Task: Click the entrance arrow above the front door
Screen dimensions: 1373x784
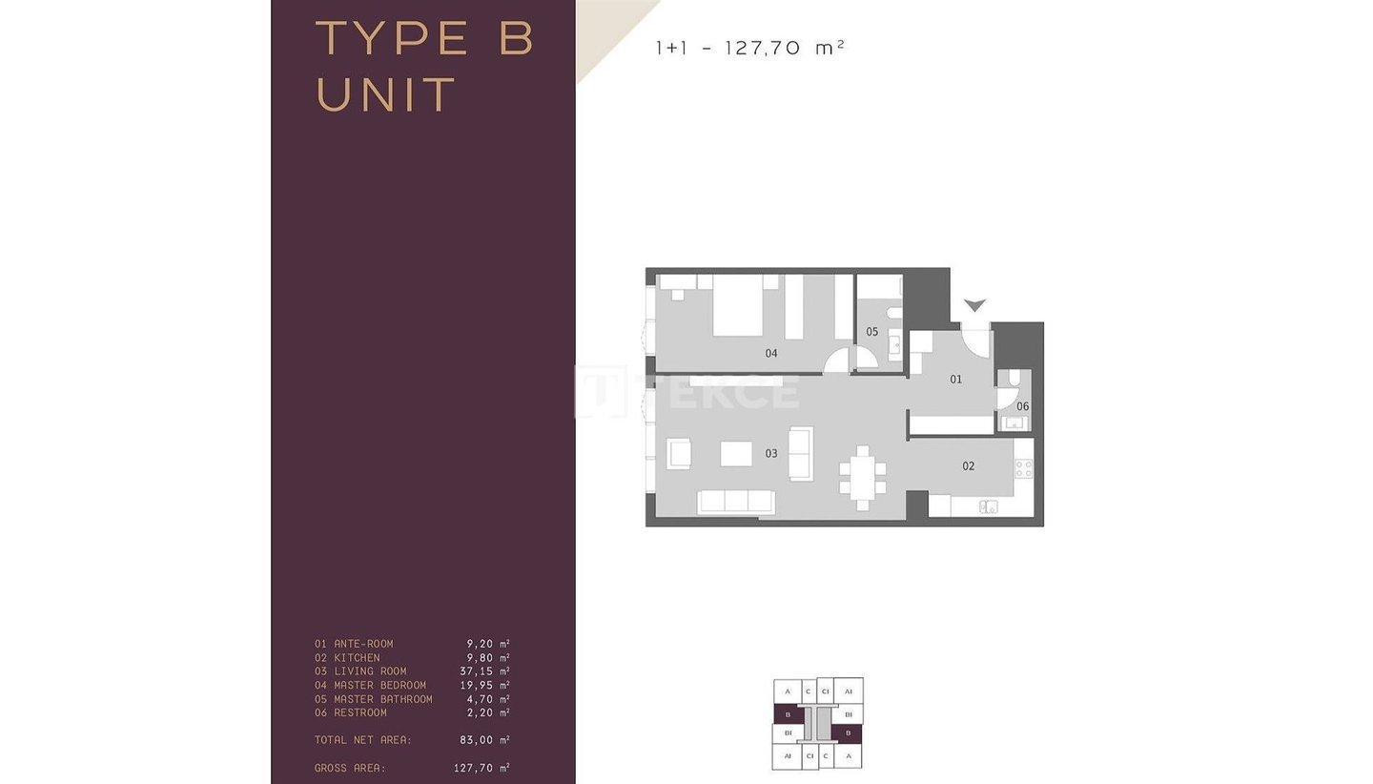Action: (x=974, y=304)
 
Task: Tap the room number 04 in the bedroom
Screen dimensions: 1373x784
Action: (x=771, y=353)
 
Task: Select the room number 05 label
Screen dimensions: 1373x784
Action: (x=871, y=332)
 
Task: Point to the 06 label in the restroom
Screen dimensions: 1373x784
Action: (x=1022, y=406)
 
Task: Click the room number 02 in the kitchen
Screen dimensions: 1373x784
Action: (x=968, y=465)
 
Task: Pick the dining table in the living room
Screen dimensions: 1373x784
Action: (x=862, y=478)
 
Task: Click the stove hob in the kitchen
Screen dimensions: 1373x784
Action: (x=1024, y=469)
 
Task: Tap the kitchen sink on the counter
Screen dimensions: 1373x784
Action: (x=988, y=507)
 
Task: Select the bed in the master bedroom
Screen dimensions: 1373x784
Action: (x=737, y=305)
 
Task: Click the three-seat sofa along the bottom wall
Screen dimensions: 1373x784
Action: (x=735, y=502)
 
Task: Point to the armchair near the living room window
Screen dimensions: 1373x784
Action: (x=679, y=454)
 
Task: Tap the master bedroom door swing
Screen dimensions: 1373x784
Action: (x=837, y=361)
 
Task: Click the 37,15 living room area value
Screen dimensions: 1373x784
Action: (x=477, y=671)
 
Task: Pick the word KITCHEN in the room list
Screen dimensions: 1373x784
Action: (x=357, y=658)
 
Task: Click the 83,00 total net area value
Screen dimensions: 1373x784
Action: (x=477, y=740)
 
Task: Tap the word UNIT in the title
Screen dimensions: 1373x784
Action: (x=385, y=95)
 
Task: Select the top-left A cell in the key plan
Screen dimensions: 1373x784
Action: (x=787, y=691)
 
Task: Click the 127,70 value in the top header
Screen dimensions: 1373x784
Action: (x=763, y=48)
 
